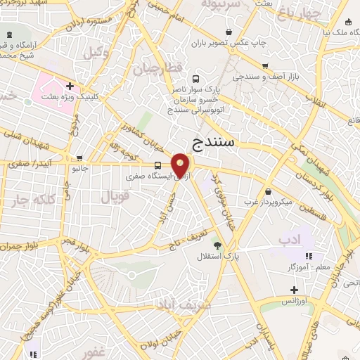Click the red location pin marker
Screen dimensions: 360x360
pyautogui.click(x=181, y=165)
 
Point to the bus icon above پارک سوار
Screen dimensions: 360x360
pyautogui.click(x=195, y=79)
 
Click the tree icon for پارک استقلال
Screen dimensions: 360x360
pyautogui.click(x=217, y=245)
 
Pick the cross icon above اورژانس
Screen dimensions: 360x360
pyautogui.click(x=294, y=290)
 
